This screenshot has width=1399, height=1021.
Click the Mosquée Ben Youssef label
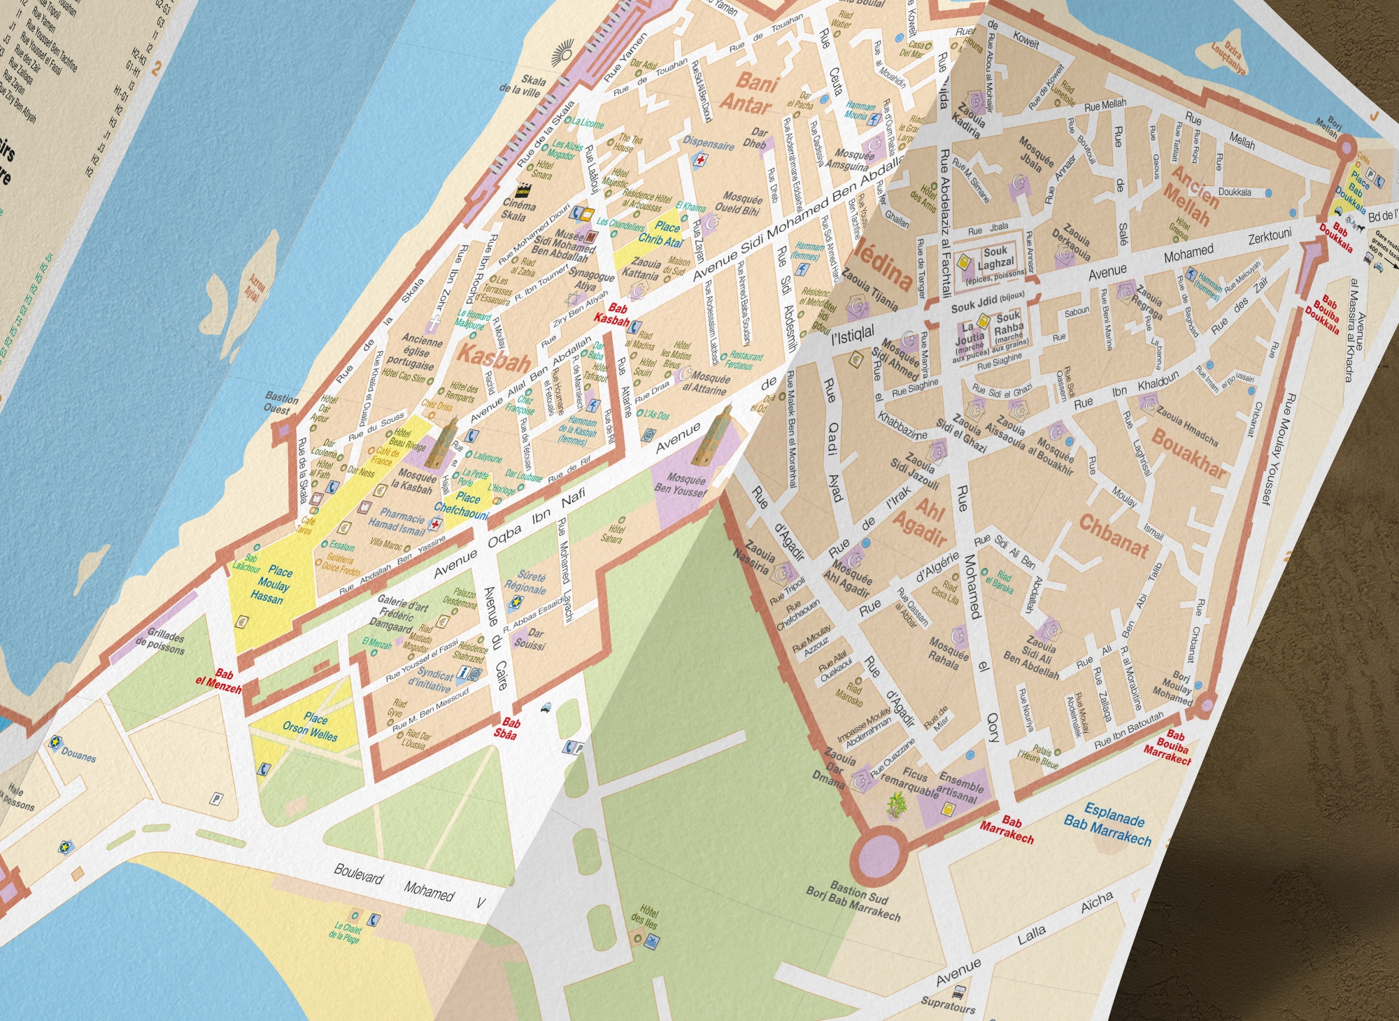[x=682, y=485]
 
